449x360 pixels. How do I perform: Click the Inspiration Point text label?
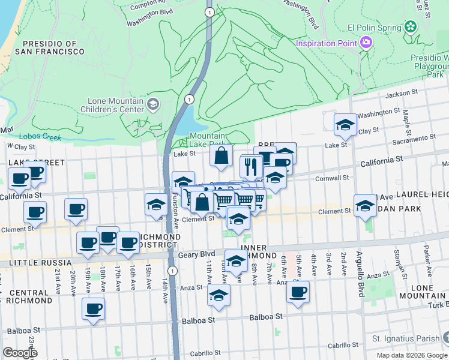[x=327, y=43]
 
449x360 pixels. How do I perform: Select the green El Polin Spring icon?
[x=411, y=27]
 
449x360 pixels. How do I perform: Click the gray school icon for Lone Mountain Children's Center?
[x=153, y=105]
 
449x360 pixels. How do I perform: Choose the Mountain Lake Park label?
[x=206, y=140]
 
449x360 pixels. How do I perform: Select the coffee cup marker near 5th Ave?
[x=297, y=292]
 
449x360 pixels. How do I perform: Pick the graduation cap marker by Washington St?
[x=345, y=124]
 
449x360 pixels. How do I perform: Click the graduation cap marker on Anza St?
[x=218, y=295]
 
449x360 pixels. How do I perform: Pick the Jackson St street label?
[x=402, y=94]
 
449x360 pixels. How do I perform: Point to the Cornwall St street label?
[x=333, y=178]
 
